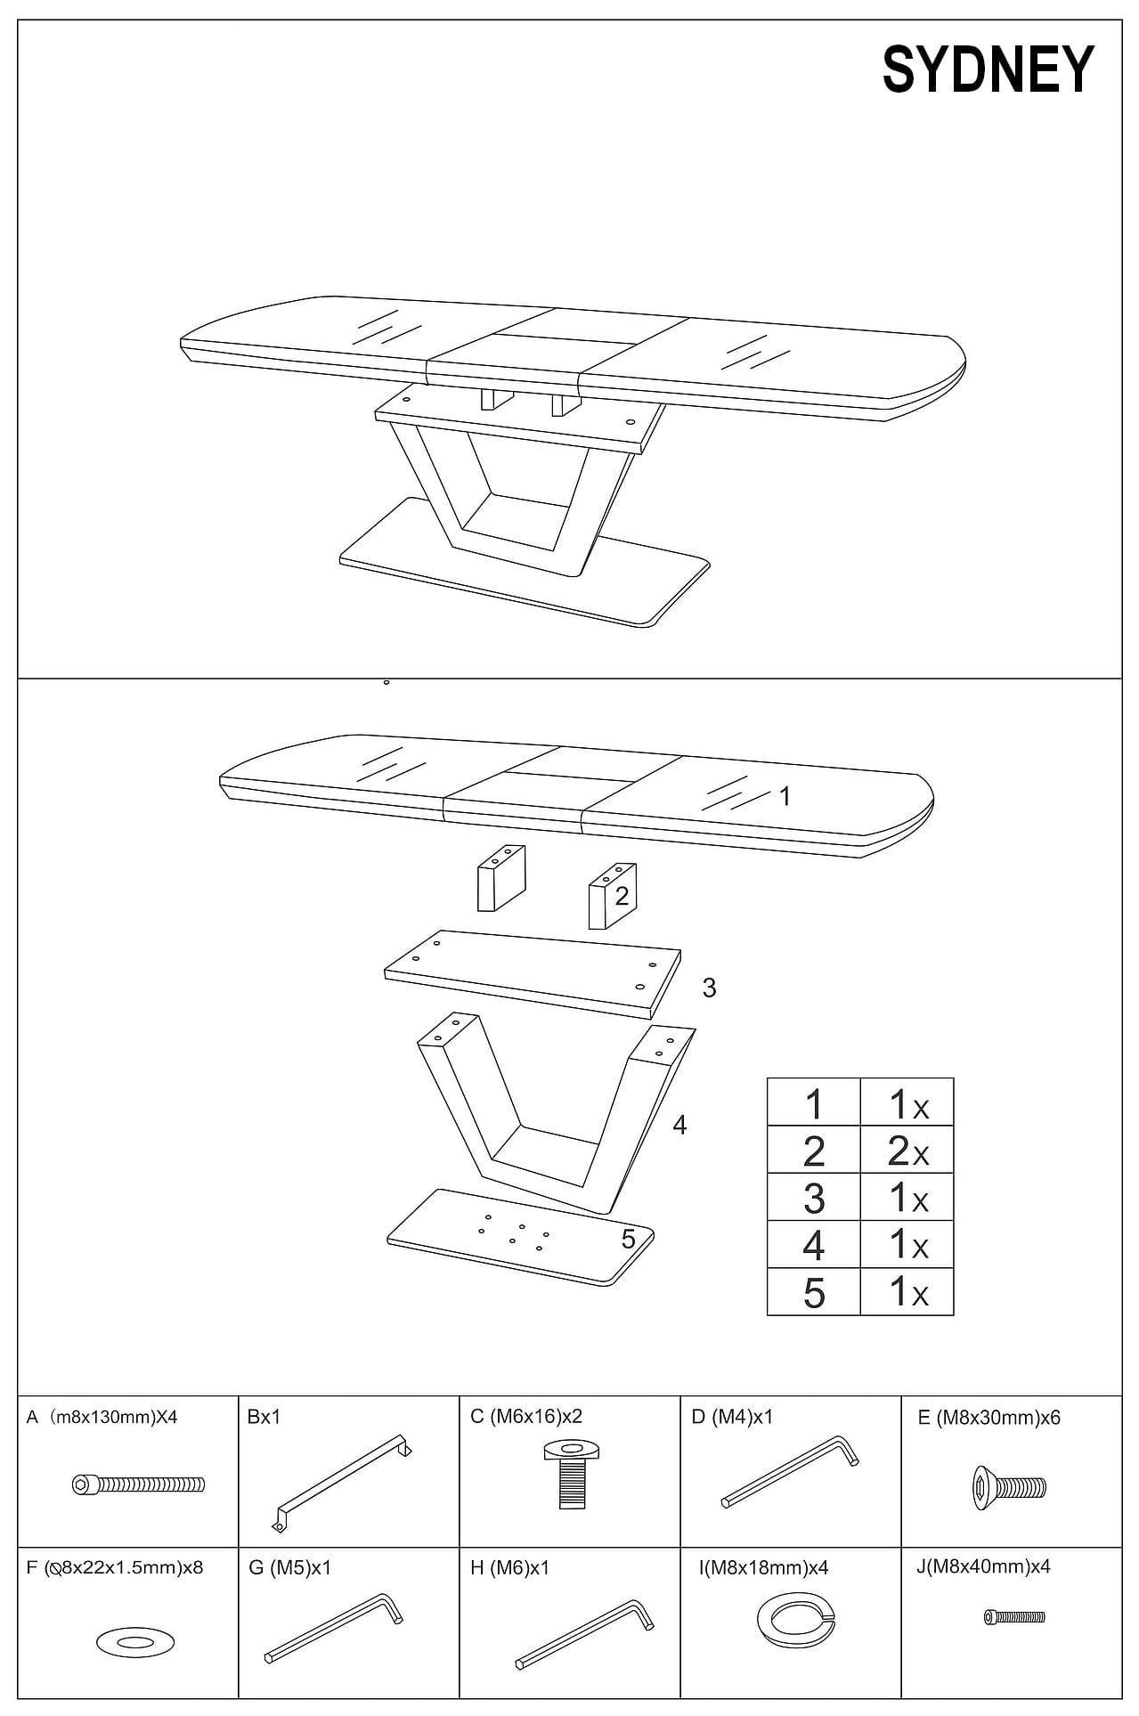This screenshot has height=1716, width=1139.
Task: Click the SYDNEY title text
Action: click(x=988, y=69)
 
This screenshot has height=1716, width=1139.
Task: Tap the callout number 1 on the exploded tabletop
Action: click(x=785, y=796)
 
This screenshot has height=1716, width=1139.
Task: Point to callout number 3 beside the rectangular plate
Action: click(x=709, y=988)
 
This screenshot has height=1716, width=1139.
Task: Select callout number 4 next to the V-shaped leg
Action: click(x=679, y=1126)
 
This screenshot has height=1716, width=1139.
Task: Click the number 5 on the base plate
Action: click(x=628, y=1239)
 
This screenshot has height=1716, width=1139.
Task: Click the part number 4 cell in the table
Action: click(x=813, y=1245)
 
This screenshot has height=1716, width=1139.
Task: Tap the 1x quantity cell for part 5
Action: click(x=907, y=1292)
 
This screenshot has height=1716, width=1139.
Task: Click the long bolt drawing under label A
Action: click(x=138, y=1484)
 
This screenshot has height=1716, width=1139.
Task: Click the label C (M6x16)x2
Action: click(x=525, y=1417)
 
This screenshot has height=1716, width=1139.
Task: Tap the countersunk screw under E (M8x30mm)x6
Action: click(x=1008, y=1486)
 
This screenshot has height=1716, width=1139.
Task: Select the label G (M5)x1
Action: click(x=289, y=1568)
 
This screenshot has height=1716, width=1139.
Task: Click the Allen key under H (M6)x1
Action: click(x=584, y=1635)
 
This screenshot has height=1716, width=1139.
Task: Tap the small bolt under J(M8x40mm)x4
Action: click(x=1014, y=1616)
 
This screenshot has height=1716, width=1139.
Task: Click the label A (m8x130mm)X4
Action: click(x=102, y=1417)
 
